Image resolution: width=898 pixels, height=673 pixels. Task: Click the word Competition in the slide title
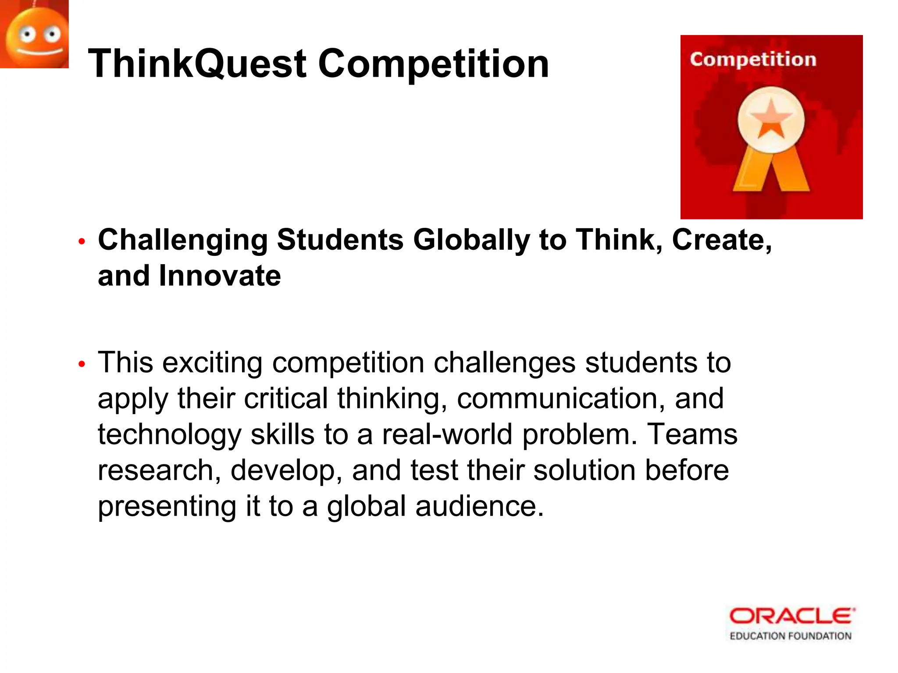[x=433, y=64]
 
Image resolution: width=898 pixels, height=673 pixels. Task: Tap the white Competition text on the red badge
[x=753, y=60]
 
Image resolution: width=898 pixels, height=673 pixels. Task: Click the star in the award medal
[x=771, y=118]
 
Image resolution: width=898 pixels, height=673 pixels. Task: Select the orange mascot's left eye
[x=27, y=34]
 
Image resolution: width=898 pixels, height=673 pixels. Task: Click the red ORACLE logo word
[x=791, y=616]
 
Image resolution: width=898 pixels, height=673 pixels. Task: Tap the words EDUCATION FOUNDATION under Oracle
[x=790, y=636]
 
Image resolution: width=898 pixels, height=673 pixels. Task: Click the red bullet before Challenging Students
[x=81, y=241]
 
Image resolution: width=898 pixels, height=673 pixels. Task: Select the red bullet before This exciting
[x=81, y=364]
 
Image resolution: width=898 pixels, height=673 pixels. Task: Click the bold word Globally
[x=471, y=240]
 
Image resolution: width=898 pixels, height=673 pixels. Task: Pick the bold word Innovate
[x=220, y=276]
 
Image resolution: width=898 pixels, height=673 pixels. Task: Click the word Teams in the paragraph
[x=692, y=435]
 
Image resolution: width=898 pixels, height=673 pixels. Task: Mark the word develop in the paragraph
[x=286, y=471]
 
